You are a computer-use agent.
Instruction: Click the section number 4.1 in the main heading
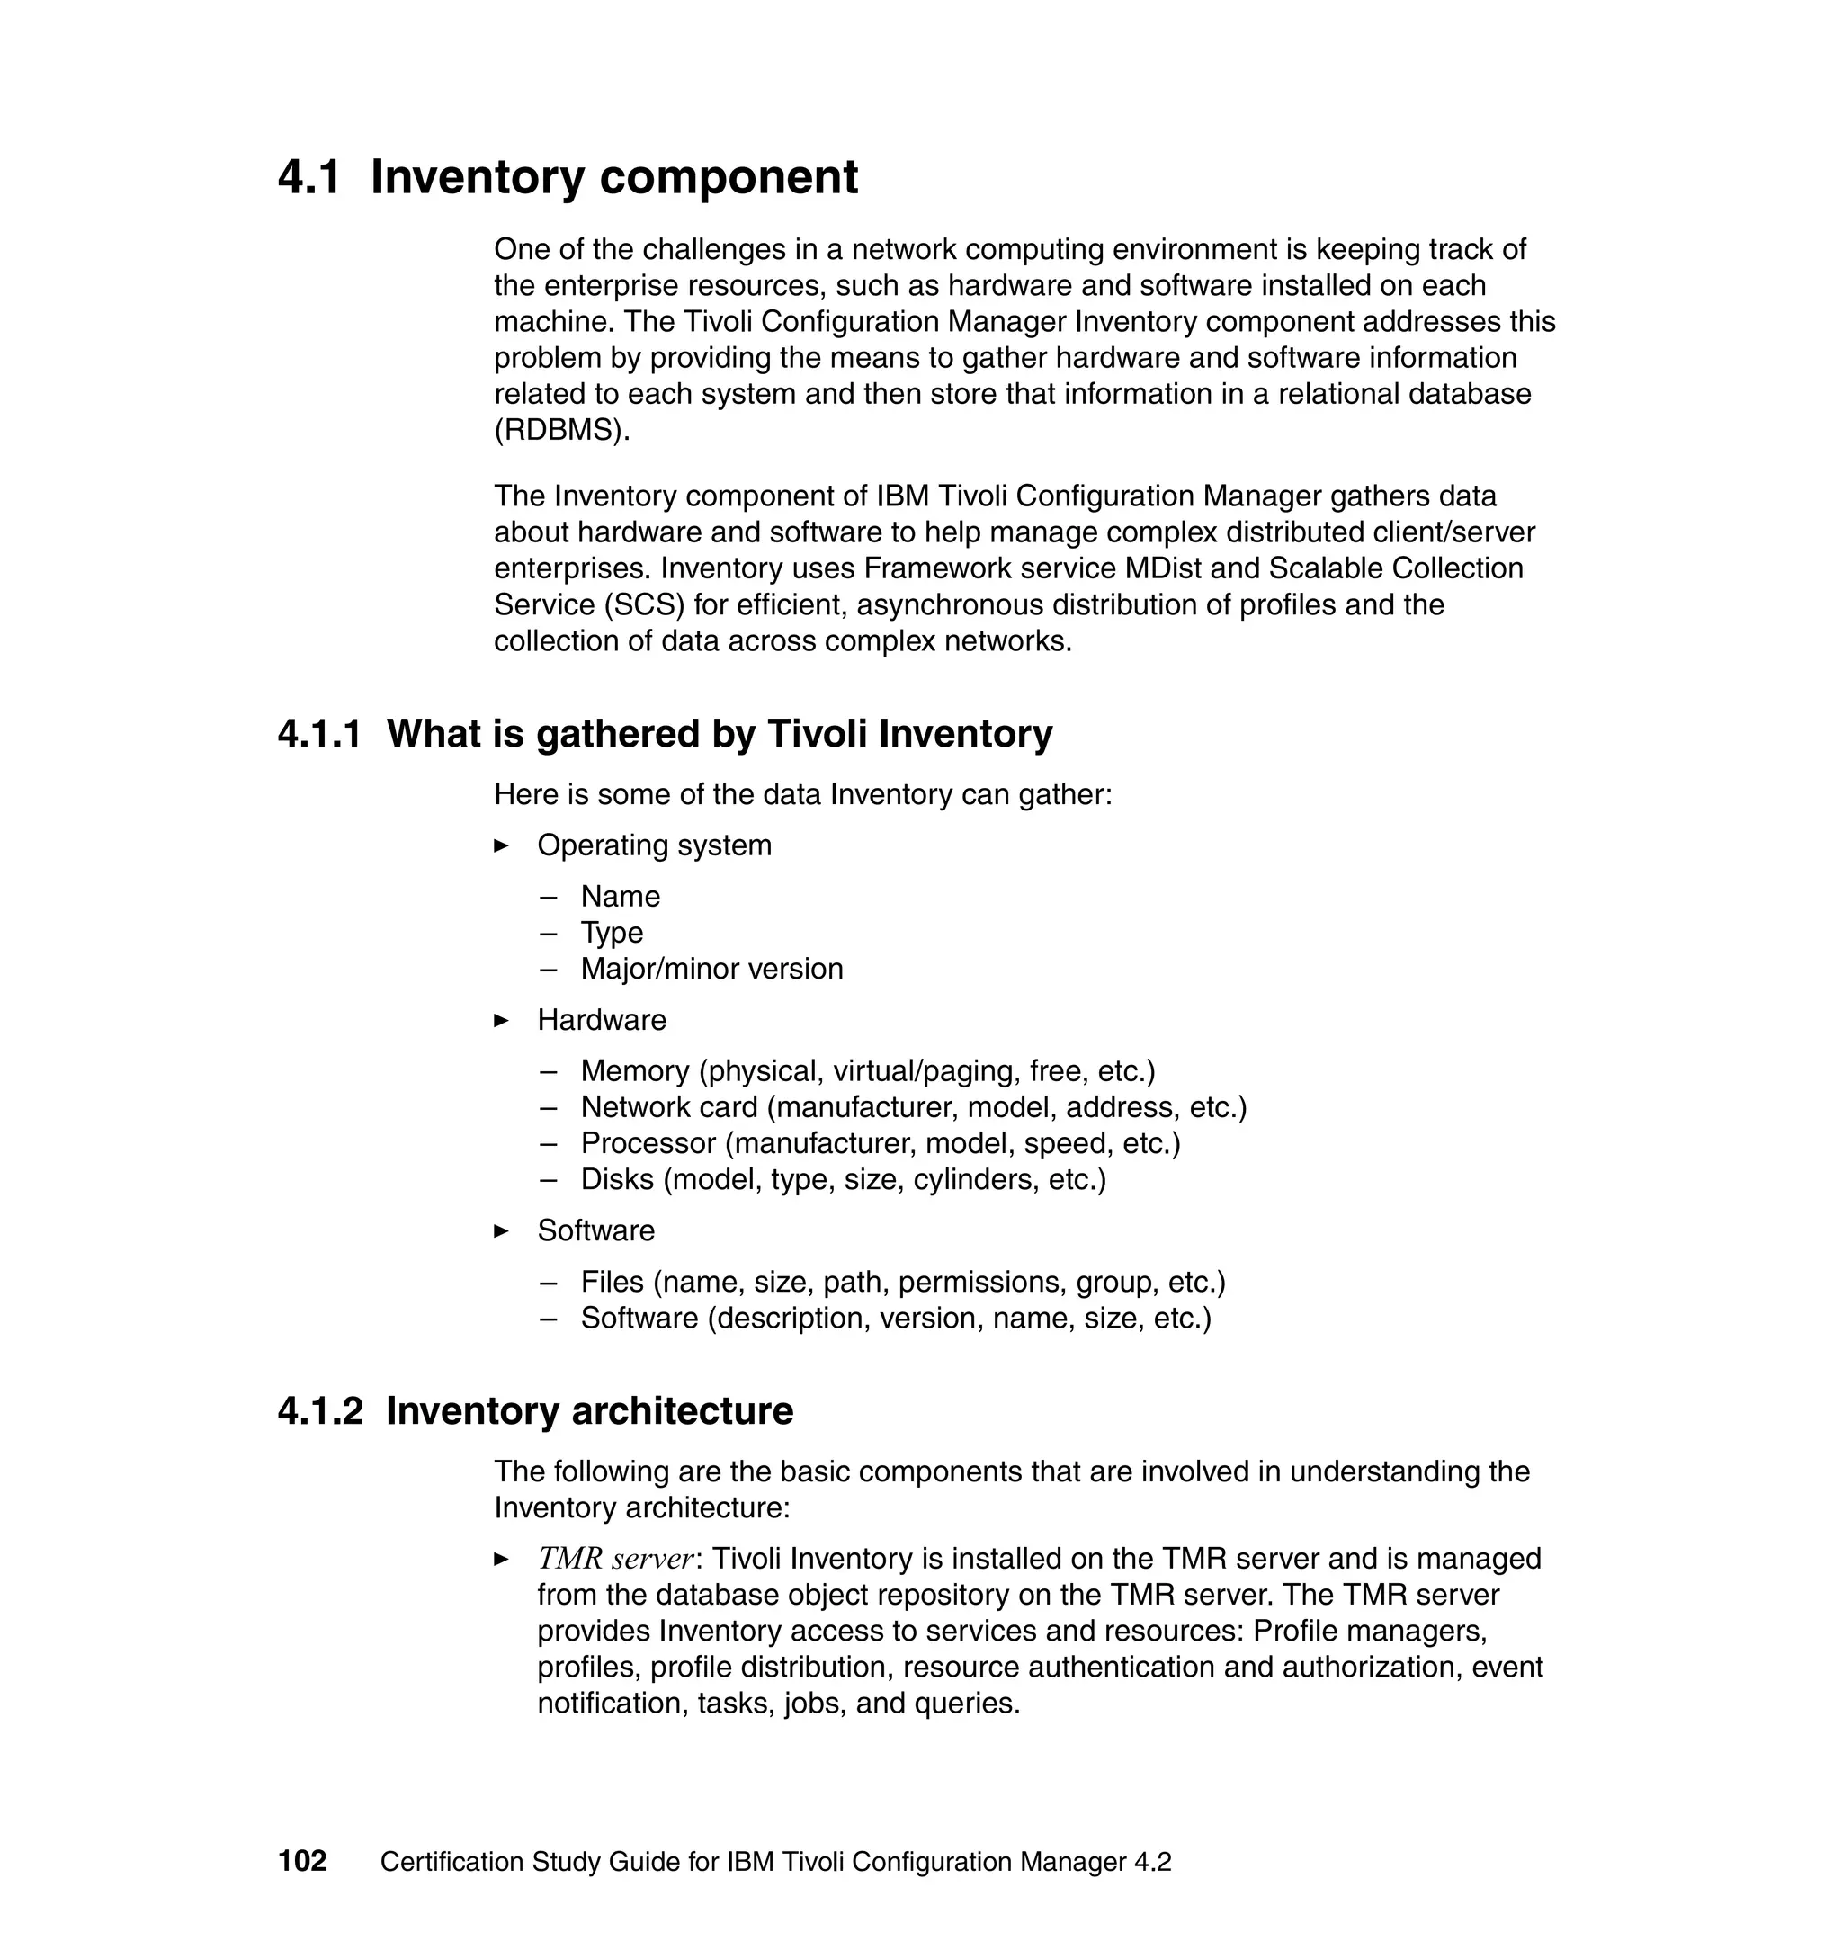[309, 178]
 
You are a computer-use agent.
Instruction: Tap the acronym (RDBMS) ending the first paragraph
[560, 430]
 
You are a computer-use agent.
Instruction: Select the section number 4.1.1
[319, 733]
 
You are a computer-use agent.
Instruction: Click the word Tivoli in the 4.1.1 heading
[818, 733]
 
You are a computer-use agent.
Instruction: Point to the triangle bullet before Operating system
[501, 845]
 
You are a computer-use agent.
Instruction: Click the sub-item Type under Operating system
[612, 933]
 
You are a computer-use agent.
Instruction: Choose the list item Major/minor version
[711, 969]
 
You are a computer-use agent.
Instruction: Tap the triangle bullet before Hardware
[501, 1020]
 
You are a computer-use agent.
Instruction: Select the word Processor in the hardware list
[648, 1144]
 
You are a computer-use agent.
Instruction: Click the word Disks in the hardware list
[617, 1179]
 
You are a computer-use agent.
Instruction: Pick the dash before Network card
[548, 1107]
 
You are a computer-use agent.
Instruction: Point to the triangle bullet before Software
[501, 1231]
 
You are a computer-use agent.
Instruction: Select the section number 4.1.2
[320, 1411]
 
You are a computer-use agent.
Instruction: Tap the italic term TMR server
[615, 1560]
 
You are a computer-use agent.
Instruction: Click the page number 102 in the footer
[302, 1862]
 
